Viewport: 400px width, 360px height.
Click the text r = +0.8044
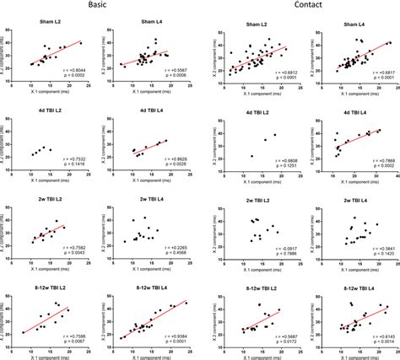pyautogui.click(x=69, y=69)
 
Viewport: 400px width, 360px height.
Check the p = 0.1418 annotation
pyautogui.click(x=69, y=164)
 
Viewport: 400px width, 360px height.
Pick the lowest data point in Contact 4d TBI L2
pyautogui.click(x=252, y=156)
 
